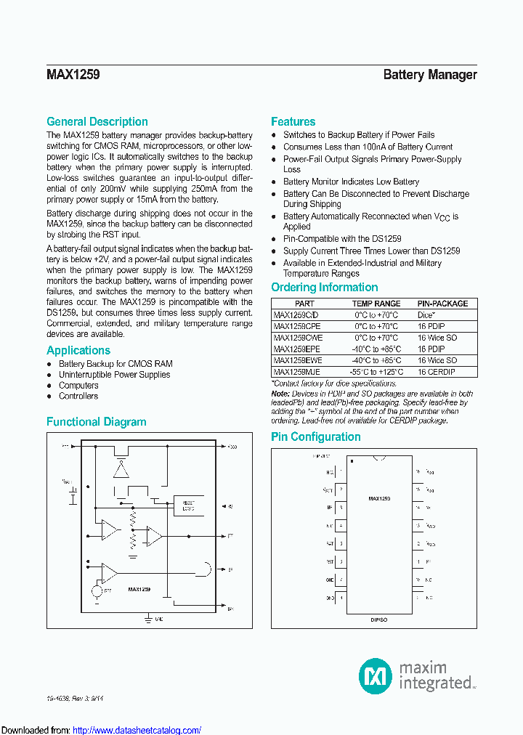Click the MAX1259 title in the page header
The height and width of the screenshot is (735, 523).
point(73,75)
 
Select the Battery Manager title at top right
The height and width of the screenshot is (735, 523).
point(429,75)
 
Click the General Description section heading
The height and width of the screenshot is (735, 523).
point(97,122)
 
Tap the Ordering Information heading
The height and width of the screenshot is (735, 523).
point(324,288)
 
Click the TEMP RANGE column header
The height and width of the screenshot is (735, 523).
point(376,304)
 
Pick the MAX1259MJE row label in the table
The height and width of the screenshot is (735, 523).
point(297,371)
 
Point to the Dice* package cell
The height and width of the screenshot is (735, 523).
point(426,315)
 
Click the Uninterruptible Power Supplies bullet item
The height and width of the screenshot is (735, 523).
point(114,375)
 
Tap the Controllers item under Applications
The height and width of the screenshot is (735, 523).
point(78,396)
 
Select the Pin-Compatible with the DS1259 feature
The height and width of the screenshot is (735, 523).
point(341,239)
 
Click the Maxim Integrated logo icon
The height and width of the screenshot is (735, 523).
point(376,675)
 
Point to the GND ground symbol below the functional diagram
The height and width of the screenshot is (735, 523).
point(150,618)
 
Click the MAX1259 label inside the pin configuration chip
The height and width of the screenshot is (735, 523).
point(378,499)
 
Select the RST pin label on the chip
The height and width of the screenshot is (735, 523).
point(330,561)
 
